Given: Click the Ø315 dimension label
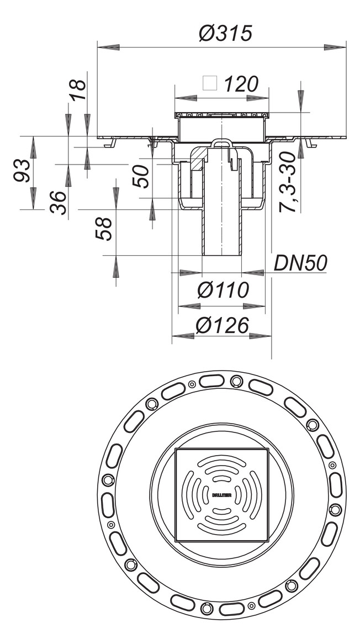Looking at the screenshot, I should pos(225,34).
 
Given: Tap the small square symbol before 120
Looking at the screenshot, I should pos(210,83).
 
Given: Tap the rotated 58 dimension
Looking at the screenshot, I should pos(104,228).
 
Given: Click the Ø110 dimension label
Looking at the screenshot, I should pos(222,289).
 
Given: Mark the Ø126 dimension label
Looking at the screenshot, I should pos(222,326).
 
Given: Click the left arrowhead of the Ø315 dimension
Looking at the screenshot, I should pos(108,48).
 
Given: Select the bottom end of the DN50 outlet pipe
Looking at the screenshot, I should pos(222,254).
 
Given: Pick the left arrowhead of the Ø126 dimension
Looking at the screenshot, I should pos(183,335).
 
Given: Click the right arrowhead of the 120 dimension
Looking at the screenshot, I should pos(257,98).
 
